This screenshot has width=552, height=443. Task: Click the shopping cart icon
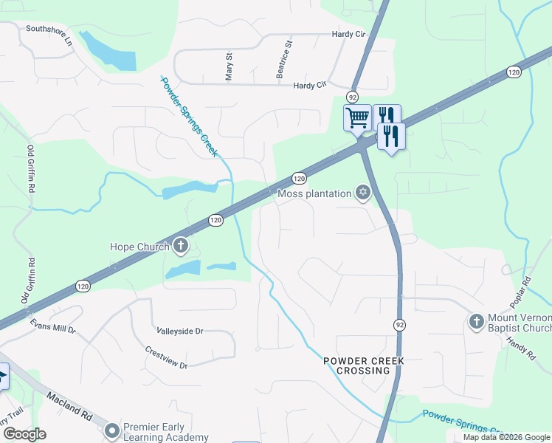point(357,117)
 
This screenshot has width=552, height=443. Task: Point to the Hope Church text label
point(140,247)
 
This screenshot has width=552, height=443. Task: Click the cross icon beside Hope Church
point(180,246)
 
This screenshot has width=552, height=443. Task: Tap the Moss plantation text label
point(314,193)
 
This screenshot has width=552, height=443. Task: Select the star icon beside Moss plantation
point(362,193)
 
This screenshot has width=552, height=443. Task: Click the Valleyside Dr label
point(179,332)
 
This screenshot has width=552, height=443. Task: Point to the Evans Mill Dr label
point(52,326)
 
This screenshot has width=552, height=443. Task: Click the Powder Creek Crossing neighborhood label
point(356,365)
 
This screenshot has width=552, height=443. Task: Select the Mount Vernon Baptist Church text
point(519,323)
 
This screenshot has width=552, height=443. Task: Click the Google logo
point(24,434)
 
